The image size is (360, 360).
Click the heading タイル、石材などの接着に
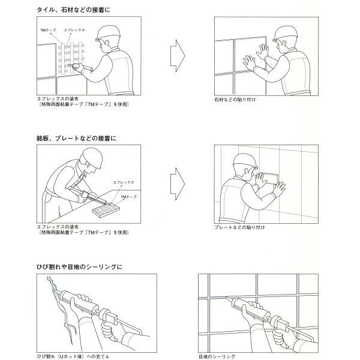(x=73, y=10)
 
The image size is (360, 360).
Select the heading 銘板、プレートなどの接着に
(x=76, y=138)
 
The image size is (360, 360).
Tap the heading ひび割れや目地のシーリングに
(x=79, y=267)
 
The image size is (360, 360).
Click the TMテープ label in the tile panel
(x=48, y=30)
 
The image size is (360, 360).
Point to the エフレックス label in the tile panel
(x=74, y=30)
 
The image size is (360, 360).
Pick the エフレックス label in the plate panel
(x=123, y=182)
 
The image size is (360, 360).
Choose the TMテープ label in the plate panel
(x=128, y=197)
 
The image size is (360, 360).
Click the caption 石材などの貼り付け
(x=235, y=100)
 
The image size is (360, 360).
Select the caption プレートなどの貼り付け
(x=239, y=227)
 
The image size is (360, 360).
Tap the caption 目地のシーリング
(x=217, y=356)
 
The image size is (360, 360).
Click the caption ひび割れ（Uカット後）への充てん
(x=73, y=356)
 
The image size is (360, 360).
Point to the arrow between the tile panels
(x=178, y=56)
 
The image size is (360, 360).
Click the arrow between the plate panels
(x=178, y=184)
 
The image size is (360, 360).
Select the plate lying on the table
(x=106, y=210)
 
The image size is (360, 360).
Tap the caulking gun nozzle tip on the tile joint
(x=226, y=298)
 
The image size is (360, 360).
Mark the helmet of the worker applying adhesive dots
(x=108, y=34)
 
